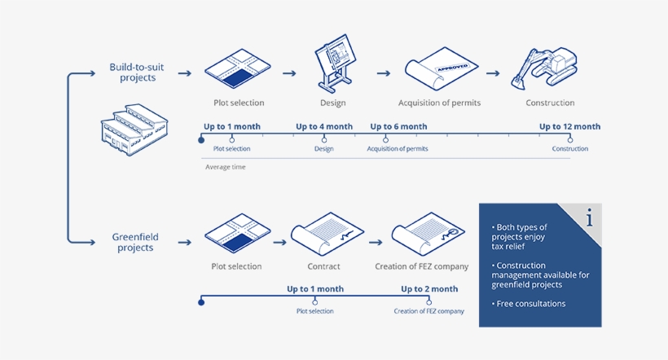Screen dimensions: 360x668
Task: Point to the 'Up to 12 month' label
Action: (x=569, y=127)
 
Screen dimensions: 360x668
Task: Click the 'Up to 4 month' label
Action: (x=324, y=127)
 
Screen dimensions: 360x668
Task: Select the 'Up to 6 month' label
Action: (x=398, y=127)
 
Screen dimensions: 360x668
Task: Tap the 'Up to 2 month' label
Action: (x=429, y=289)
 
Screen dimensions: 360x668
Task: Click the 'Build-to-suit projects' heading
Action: (x=133, y=72)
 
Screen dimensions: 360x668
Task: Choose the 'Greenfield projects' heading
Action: (x=135, y=242)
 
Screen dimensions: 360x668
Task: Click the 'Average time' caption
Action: (x=225, y=167)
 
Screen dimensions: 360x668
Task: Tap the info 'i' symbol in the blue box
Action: (x=588, y=219)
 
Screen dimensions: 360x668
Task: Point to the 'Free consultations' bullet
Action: (x=529, y=304)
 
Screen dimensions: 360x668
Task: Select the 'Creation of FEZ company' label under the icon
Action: (x=422, y=266)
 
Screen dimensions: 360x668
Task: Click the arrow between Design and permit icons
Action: (x=383, y=73)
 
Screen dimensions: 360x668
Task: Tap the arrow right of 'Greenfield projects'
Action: (x=185, y=242)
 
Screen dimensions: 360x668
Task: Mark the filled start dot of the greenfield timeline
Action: (x=202, y=302)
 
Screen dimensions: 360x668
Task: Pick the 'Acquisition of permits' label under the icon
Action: (x=439, y=103)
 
